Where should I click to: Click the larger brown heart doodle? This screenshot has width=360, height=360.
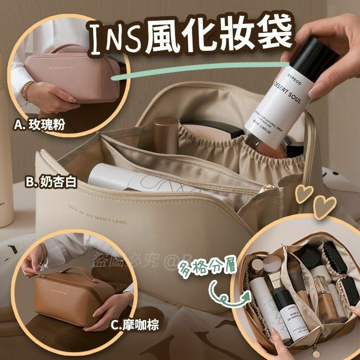[325, 206]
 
